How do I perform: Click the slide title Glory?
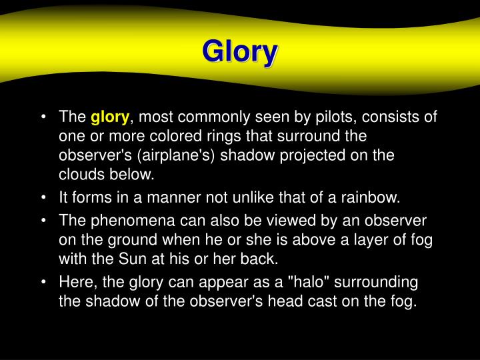[x=239, y=52]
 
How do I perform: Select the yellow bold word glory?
[x=110, y=118]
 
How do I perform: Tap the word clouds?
[x=80, y=175]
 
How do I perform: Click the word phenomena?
[x=123, y=220]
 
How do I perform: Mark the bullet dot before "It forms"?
[x=43, y=197]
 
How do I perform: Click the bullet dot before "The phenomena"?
[x=43, y=220]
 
